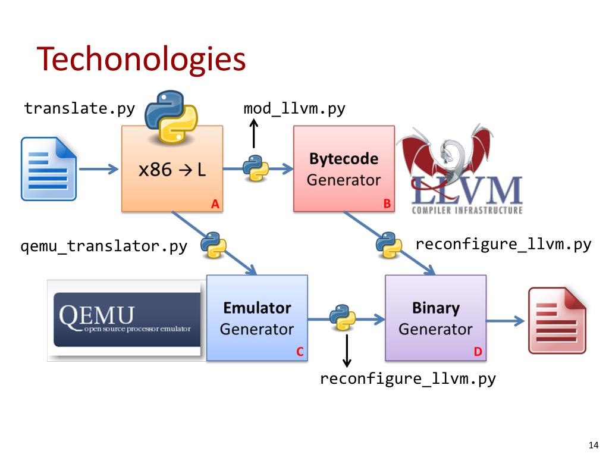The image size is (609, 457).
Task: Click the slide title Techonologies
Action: [142, 59]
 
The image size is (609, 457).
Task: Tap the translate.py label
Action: [80, 108]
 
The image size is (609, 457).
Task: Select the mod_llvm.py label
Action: [294, 108]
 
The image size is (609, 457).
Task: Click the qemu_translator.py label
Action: [103, 246]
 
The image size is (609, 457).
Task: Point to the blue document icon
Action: [49, 168]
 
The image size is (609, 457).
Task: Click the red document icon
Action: [557, 320]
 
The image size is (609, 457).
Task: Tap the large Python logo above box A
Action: [171, 117]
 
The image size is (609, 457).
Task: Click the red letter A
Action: [215, 204]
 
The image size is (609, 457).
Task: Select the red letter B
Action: [387, 204]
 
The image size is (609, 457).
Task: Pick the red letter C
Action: [300, 352]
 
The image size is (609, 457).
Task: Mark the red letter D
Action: [478, 352]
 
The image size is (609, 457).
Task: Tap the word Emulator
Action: [257, 308]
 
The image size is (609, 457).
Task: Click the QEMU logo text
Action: [97, 315]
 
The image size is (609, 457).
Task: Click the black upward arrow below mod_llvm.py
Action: [253, 133]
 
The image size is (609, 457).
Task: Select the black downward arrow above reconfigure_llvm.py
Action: [347, 350]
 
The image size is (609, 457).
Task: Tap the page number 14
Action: [594, 445]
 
